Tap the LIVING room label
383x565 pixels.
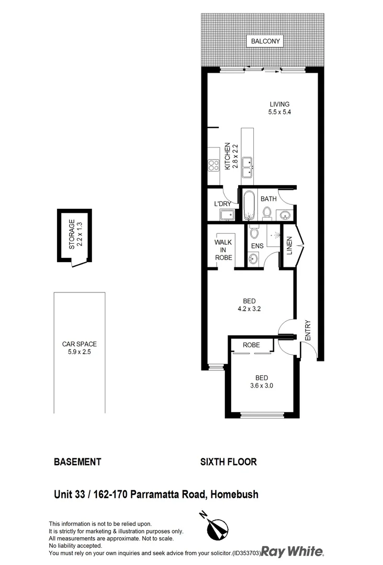279,104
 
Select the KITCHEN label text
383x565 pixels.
228,156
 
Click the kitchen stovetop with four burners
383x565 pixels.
213,166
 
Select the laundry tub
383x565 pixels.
227,215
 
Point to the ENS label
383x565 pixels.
257,245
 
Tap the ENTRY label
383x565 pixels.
308,331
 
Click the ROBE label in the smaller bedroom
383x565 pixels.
251,345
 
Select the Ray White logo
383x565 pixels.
293,551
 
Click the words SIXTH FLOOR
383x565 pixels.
229,462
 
